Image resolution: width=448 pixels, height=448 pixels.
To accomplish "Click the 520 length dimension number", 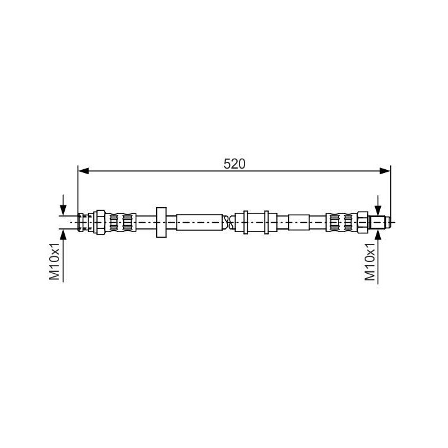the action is [x=235, y=164].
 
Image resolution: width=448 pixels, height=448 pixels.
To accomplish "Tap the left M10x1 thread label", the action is [x=55, y=261].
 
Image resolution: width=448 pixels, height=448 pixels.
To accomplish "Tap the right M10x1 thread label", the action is [x=370, y=262].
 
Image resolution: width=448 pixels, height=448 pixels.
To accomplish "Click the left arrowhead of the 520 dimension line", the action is [x=84, y=171].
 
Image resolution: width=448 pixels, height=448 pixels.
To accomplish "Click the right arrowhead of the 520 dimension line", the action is [x=385, y=171].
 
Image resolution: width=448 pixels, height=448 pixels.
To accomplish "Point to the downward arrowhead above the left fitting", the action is [x=63, y=210].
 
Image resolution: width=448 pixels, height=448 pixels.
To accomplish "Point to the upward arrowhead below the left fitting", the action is [x=63, y=235].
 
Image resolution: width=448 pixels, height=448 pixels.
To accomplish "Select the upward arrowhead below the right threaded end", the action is [x=378, y=235].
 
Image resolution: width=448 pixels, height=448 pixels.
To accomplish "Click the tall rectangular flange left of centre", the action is [x=161, y=222].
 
